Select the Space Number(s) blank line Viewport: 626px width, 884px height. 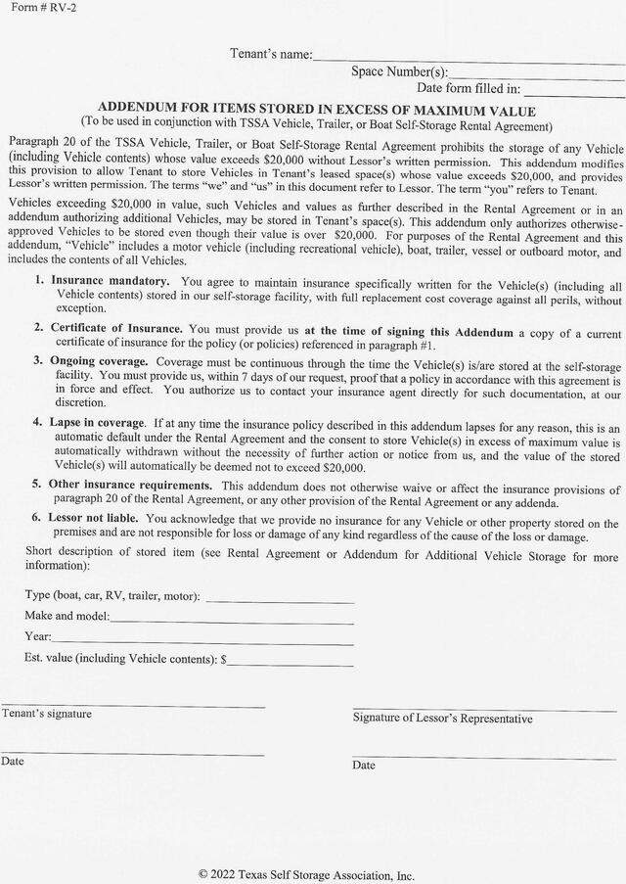click(x=536, y=76)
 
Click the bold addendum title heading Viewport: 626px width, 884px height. click(x=317, y=111)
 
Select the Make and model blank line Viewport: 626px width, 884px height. click(x=232, y=621)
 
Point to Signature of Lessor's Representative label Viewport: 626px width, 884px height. click(x=442, y=719)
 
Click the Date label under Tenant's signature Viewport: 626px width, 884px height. click(x=13, y=762)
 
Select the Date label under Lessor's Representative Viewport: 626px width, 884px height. click(x=364, y=766)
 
